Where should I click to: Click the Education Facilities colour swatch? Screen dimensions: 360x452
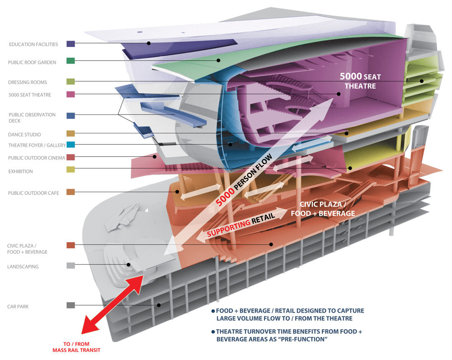[x=71, y=44]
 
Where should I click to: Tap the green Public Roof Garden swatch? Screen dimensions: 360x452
[x=71, y=61]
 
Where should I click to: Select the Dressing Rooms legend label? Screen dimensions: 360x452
[x=28, y=82]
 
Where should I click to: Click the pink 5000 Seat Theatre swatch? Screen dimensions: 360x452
[x=71, y=95]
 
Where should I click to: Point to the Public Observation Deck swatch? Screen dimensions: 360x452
[x=71, y=116]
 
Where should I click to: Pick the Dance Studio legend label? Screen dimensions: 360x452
[x=24, y=135]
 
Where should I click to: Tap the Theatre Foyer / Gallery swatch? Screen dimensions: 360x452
[x=71, y=145]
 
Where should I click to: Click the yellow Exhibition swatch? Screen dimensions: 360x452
[x=71, y=170]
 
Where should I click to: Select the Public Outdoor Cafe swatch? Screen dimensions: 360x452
[x=71, y=192]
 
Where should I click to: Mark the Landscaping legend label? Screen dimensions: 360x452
[x=23, y=267]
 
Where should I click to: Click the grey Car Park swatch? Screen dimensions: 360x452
[x=71, y=305]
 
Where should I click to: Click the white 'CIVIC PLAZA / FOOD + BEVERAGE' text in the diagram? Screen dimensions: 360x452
[x=323, y=208]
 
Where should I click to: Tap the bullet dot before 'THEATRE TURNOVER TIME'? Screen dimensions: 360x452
[x=213, y=332]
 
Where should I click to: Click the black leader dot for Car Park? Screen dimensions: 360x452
[x=159, y=305]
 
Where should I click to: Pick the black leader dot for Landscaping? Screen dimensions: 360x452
[x=128, y=265]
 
